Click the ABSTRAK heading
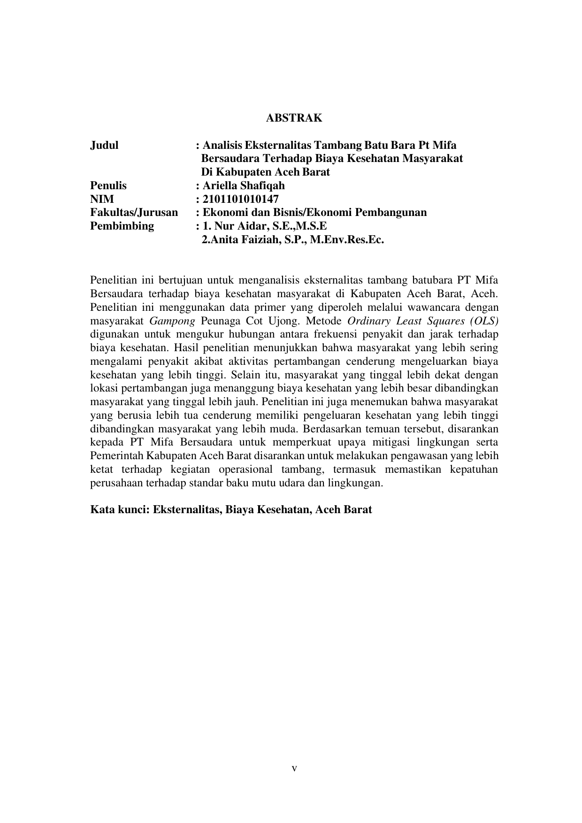click(294, 118)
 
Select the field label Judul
click(104, 145)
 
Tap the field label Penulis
click(108, 185)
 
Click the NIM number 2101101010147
click(240, 199)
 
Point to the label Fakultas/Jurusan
click(134, 213)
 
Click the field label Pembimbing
click(122, 226)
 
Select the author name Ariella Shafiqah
click(244, 185)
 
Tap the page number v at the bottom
click(294, 769)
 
